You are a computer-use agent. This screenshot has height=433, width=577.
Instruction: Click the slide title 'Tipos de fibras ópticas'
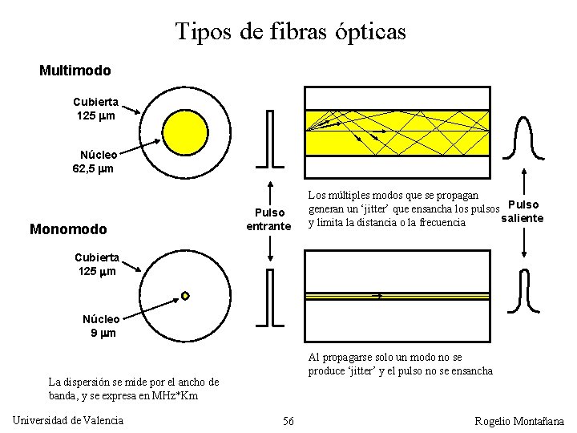[290, 32]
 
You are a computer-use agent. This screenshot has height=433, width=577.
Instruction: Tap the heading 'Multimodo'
[75, 71]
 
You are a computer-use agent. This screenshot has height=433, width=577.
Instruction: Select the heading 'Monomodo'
[68, 229]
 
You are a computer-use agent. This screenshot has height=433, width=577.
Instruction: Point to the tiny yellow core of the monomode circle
[185, 296]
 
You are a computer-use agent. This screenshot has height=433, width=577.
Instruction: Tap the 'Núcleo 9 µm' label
[102, 326]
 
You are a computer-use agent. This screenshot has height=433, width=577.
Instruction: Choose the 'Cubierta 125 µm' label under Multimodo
[95, 109]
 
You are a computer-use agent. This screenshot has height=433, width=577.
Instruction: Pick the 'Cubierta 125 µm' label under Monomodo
[96, 265]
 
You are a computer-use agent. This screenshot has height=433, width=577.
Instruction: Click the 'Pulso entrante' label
[268, 220]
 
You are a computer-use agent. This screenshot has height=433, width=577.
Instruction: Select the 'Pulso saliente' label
[523, 212]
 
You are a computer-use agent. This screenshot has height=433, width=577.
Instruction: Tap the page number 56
[288, 421]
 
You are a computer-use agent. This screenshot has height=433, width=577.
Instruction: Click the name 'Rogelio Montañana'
[519, 421]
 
